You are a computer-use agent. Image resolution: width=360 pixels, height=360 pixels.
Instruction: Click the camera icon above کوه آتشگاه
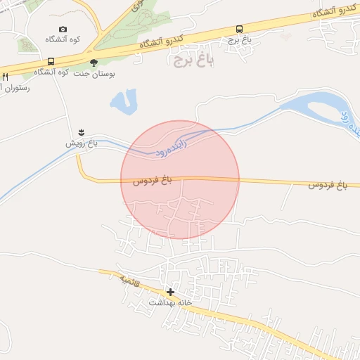pyautogui.click(x=63, y=30)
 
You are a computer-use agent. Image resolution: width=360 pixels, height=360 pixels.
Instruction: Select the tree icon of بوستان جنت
pyautogui.click(x=94, y=62)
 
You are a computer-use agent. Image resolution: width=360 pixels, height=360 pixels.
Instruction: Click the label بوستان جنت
pyautogui.click(x=98, y=73)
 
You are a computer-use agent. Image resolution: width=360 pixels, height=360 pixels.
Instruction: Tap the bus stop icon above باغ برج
pyautogui.click(x=240, y=29)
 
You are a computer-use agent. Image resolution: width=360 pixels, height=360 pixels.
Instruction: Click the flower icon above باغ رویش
pyautogui.click(x=81, y=132)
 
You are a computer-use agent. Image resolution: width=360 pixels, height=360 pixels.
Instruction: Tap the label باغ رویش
pyautogui.click(x=81, y=143)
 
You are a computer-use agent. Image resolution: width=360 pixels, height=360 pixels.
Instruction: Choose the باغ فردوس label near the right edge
pyautogui.click(x=328, y=185)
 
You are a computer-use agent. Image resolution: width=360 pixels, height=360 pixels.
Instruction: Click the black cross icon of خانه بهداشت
pyautogui.click(x=170, y=291)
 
